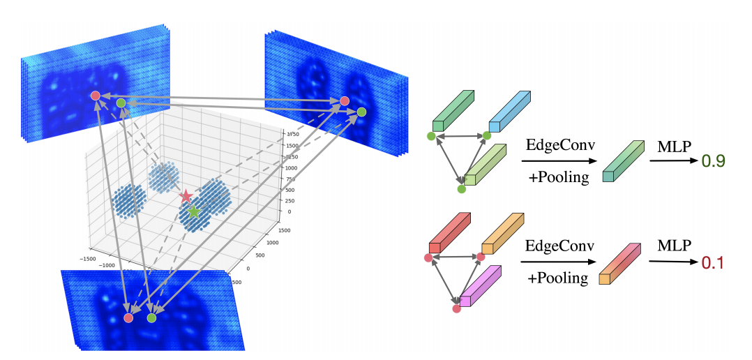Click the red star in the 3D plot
[x=186, y=196]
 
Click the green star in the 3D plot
[x=193, y=210]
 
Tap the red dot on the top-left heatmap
[x=96, y=96]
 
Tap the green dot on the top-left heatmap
[x=121, y=103]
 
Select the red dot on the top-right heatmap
[x=344, y=101]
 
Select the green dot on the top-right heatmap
[x=361, y=112]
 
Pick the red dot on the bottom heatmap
[x=128, y=317]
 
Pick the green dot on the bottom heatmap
[x=151, y=317]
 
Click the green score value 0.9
[x=713, y=161]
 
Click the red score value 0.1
[x=713, y=262]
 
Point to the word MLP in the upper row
[x=672, y=147]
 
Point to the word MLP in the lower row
[x=672, y=246]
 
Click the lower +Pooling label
[x=557, y=278]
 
